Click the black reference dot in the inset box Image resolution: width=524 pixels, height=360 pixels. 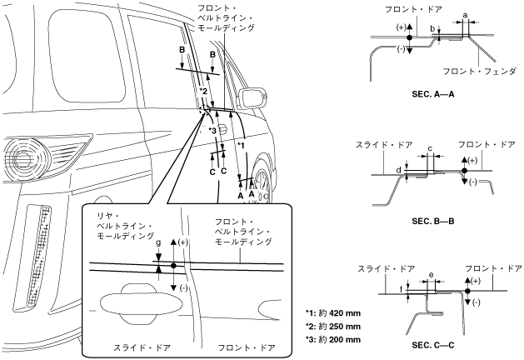(x=173, y=266)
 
